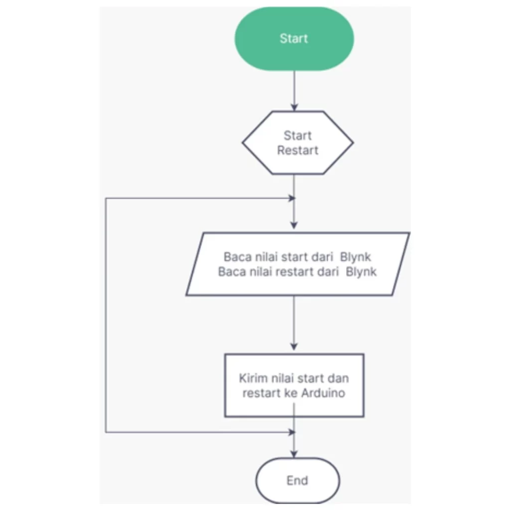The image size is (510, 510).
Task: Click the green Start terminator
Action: click(x=294, y=39)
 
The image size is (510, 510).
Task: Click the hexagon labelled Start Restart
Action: click(x=298, y=143)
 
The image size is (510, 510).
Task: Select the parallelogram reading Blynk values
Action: click(x=298, y=264)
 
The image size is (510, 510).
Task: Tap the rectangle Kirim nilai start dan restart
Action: click(x=294, y=385)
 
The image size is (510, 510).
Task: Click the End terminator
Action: click(x=298, y=481)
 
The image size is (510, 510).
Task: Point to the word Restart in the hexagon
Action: click(x=298, y=150)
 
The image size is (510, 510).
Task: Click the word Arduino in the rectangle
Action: click(x=323, y=393)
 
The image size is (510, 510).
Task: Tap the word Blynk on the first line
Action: click(x=355, y=257)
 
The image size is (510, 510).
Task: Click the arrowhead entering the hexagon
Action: click(x=294, y=108)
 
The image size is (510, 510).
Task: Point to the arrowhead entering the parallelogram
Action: click(x=294, y=225)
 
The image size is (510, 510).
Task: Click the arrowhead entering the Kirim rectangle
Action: click(x=294, y=347)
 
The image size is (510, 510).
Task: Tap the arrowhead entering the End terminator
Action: click(x=294, y=454)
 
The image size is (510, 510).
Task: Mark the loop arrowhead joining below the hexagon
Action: click(x=292, y=198)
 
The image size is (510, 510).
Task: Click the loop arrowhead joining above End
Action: click(x=292, y=432)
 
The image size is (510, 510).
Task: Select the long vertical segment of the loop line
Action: click(x=106, y=315)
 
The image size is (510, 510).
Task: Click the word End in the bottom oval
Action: click(x=297, y=481)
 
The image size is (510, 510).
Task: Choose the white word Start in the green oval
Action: click(x=294, y=38)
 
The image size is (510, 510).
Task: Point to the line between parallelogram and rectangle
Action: click(x=294, y=323)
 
